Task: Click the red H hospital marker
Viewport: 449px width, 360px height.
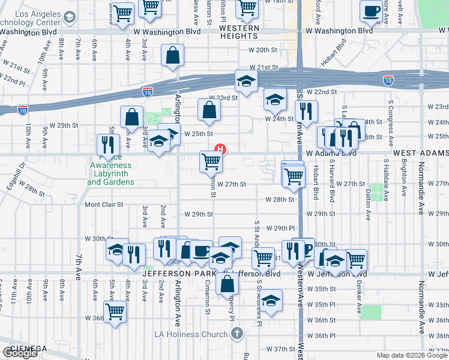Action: (x=221, y=149)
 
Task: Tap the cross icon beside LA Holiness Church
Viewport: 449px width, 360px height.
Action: (x=237, y=333)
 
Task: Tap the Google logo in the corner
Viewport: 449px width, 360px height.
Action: (x=20, y=353)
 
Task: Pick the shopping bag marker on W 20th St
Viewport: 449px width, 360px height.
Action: (x=172, y=56)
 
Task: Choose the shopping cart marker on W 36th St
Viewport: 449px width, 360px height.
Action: (x=115, y=311)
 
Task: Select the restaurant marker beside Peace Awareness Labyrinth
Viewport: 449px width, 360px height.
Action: (x=108, y=144)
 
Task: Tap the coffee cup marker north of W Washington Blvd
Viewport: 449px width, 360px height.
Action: (x=371, y=10)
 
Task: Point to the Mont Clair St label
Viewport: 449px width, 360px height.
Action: (x=104, y=205)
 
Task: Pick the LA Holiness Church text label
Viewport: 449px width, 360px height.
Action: (x=192, y=334)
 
